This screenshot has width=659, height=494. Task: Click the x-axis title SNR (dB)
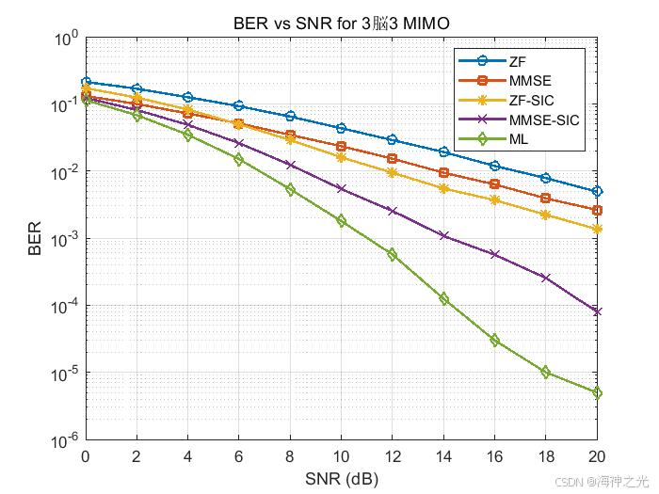[x=341, y=479]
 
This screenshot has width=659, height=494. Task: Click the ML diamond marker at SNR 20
[x=597, y=392]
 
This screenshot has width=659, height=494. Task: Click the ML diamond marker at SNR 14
[x=443, y=298]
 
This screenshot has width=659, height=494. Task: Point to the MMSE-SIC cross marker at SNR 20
[x=597, y=311]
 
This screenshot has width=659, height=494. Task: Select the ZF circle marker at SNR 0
[x=86, y=83]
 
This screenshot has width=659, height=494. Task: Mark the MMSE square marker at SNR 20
[x=597, y=210]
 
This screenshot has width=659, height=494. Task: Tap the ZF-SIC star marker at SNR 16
[x=494, y=199]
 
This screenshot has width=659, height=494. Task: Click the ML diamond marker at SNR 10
[x=341, y=220]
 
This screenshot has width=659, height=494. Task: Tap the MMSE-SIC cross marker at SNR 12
[x=393, y=211]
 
